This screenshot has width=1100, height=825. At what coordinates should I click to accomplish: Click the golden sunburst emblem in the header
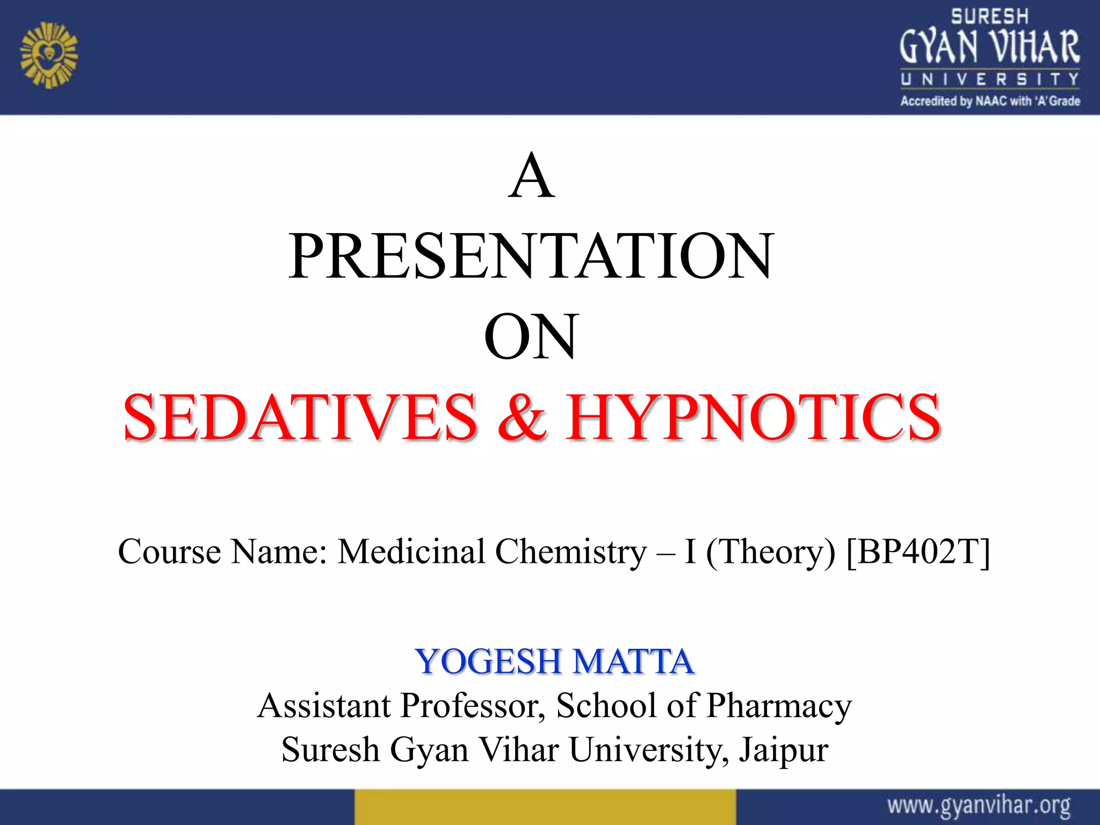[x=49, y=55]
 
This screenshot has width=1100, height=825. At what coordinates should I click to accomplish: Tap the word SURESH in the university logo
[x=989, y=17]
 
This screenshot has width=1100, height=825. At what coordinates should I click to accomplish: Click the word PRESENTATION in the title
[x=531, y=256]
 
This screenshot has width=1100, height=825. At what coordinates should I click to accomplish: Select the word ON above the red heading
[x=531, y=337]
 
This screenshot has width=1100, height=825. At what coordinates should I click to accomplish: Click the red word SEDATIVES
[x=300, y=417]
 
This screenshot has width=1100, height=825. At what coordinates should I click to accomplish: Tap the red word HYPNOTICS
[x=753, y=417]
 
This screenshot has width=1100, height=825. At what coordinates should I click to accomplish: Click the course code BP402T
[x=918, y=552]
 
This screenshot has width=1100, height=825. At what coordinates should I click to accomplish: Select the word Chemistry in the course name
[x=570, y=552]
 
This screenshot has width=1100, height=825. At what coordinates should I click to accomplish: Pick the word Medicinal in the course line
[x=411, y=552]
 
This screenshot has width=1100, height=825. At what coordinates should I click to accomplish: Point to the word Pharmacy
[x=779, y=705]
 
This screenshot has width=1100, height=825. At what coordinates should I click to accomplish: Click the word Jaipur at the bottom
[x=784, y=750]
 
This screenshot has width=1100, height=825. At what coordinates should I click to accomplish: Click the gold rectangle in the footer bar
[x=545, y=807]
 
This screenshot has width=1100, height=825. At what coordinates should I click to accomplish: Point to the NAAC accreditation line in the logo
[x=990, y=101]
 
